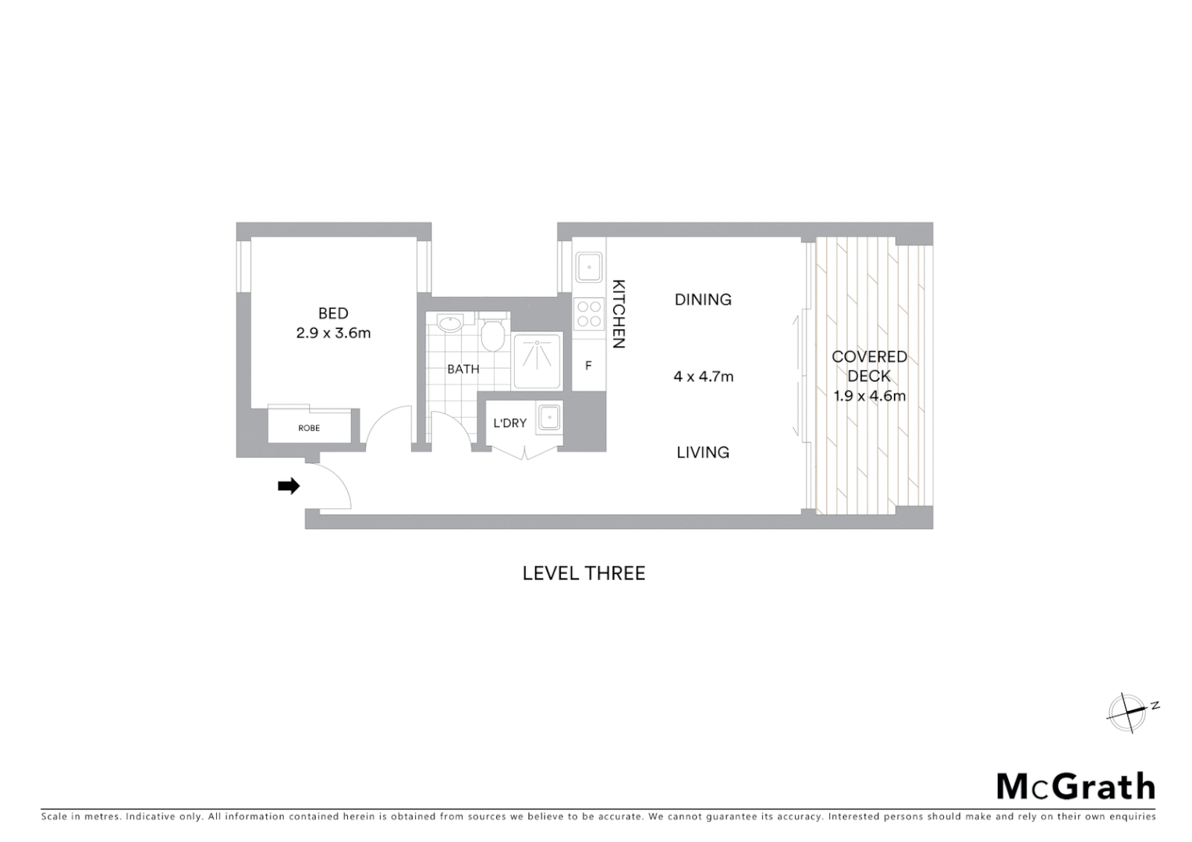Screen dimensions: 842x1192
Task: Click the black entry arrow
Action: click(289, 486)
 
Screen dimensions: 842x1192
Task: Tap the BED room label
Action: click(333, 313)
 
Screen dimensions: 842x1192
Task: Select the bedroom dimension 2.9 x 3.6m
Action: click(333, 333)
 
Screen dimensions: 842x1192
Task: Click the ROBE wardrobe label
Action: click(309, 428)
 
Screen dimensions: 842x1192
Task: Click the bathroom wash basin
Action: click(450, 324)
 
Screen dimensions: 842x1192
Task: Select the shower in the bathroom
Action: click(537, 361)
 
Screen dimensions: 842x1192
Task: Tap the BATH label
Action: click(463, 369)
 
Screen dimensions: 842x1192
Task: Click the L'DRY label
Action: click(510, 423)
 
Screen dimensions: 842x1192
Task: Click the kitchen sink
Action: click(589, 267)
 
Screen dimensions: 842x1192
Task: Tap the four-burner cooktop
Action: click(589, 313)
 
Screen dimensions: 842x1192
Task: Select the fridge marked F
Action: click(589, 365)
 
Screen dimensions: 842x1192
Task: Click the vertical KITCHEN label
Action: click(619, 313)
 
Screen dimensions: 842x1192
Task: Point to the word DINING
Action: click(703, 299)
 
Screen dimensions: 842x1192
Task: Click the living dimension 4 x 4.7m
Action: click(704, 377)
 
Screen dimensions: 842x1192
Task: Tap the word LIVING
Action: click(703, 452)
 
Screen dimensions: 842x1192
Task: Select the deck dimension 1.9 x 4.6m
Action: click(870, 395)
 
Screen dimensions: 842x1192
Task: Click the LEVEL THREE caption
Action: click(584, 573)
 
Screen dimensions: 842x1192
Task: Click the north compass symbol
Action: click(1128, 711)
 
